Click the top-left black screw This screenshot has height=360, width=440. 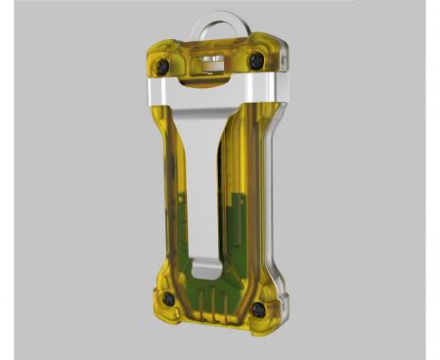click(x=162, y=66)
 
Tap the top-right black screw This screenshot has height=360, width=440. click(x=256, y=61)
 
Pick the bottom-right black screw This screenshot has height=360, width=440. click(x=258, y=309)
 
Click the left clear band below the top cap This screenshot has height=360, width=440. click(x=161, y=92)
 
